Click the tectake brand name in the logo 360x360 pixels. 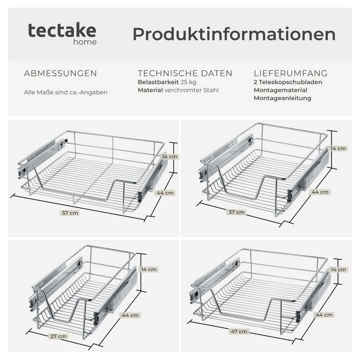tap(62, 31)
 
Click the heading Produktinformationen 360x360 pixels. tap(234, 34)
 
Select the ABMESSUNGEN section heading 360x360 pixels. tap(60, 74)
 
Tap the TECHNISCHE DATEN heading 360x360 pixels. tap(185, 73)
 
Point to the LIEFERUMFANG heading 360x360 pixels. tap(291, 73)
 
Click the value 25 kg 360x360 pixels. tap(188, 82)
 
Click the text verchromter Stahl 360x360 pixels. tap(192, 90)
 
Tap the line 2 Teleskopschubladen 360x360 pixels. tap(288, 82)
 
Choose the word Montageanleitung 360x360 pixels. tap(283, 98)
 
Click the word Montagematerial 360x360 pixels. tap(281, 90)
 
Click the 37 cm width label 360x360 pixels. tap(237, 212)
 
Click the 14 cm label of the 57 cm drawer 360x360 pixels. tap(169, 157)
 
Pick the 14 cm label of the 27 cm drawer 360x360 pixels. tap(149, 269)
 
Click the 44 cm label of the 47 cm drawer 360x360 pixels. tap(324, 315)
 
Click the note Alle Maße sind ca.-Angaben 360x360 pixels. tap(66, 92)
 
